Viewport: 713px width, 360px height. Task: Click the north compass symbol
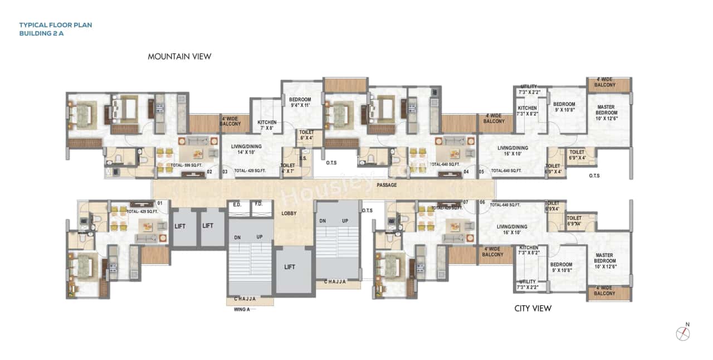point(683,333)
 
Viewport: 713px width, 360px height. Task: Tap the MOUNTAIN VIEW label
point(179,56)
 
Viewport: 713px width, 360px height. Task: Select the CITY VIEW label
point(533,308)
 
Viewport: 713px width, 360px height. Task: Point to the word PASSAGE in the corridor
point(387,184)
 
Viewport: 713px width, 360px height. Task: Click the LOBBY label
point(289,213)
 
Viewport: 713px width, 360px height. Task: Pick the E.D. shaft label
point(237,205)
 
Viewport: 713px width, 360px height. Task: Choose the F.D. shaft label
point(258,205)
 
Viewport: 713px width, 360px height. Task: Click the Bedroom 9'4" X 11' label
point(301,102)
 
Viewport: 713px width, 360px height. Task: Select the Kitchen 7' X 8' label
point(267,125)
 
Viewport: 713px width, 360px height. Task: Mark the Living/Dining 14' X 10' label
point(246,149)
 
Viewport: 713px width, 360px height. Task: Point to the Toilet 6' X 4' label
point(307,135)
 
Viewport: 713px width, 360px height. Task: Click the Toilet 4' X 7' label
point(288,168)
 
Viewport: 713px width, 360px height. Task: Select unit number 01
point(160,203)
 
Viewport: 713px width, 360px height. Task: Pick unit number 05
point(481,172)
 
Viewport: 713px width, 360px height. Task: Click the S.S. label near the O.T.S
point(304,158)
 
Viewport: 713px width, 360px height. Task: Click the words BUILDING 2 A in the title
point(42,33)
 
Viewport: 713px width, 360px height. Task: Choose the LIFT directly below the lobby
point(290,267)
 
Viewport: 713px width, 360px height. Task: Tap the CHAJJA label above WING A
point(245,299)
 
